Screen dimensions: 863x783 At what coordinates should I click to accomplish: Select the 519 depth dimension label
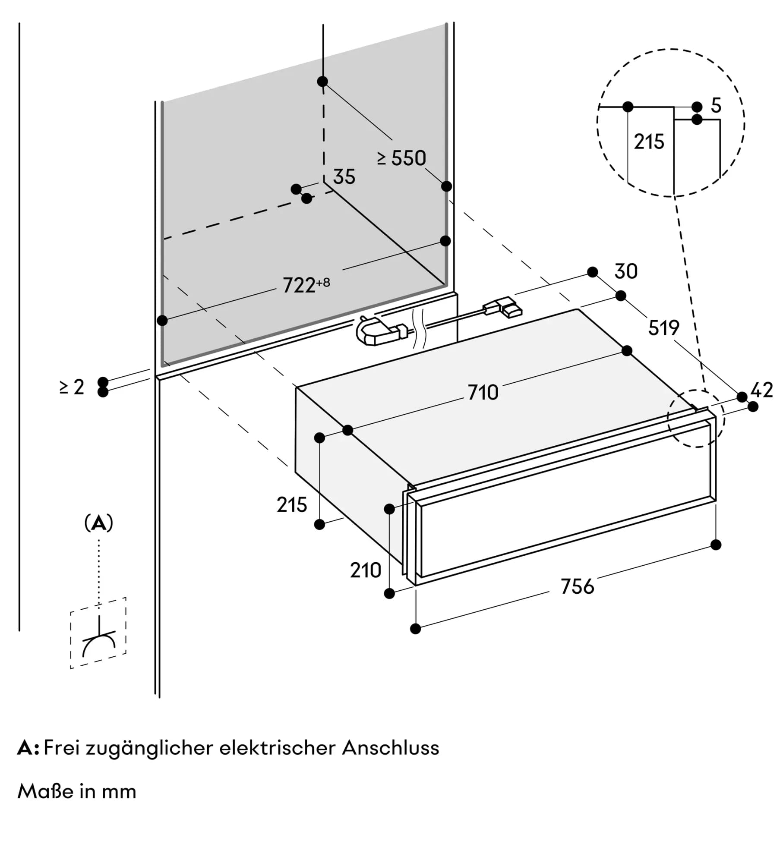pyautogui.click(x=663, y=328)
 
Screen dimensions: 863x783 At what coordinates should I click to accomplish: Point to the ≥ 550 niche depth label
pyautogui.click(x=401, y=158)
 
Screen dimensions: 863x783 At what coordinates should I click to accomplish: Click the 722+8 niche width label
pyautogui.click(x=306, y=285)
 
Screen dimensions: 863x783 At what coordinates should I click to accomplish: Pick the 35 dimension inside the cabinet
pyautogui.click(x=344, y=177)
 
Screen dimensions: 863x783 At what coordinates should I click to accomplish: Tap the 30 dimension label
pyautogui.click(x=625, y=271)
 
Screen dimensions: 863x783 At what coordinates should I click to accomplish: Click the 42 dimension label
pyautogui.click(x=761, y=391)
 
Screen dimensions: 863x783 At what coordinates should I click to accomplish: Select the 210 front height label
pyautogui.click(x=365, y=571)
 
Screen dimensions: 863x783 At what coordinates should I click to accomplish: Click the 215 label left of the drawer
pyautogui.click(x=292, y=505)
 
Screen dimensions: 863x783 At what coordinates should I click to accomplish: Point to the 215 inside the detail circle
pyautogui.click(x=649, y=142)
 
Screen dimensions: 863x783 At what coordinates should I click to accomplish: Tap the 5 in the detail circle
pyautogui.click(x=716, y=106)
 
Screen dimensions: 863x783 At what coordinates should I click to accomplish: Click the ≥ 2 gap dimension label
pyautogui.click(x=72, y=387)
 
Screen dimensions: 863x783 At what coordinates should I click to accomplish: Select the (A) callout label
pyautogui.click(x=99, y=523)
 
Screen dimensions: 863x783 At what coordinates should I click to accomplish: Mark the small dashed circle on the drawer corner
pyautogui.click(x=696, y=418)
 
